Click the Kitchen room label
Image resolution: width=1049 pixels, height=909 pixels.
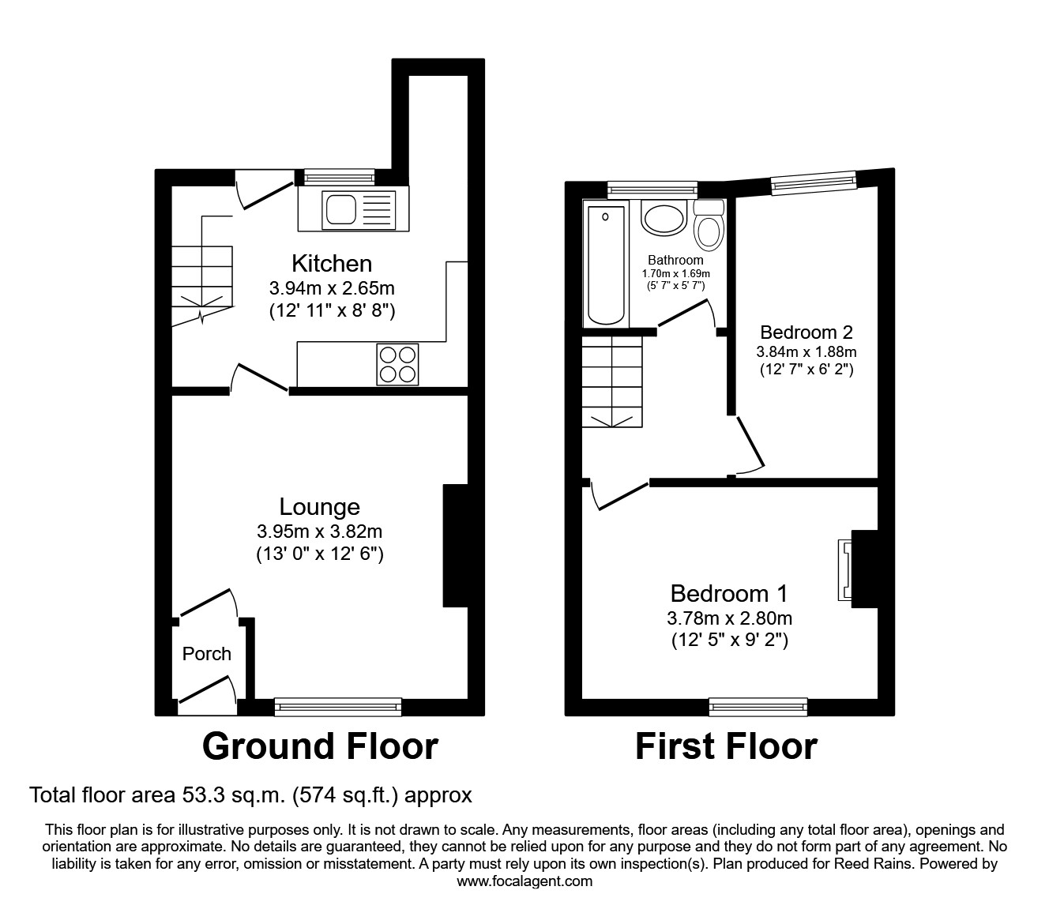[332, 263]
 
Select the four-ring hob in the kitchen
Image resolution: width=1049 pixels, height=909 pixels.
[397, 364]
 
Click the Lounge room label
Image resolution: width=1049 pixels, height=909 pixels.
[319, 507]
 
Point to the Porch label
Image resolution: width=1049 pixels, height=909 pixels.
[207, 654]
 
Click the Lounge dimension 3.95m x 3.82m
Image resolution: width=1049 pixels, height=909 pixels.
[319, 532]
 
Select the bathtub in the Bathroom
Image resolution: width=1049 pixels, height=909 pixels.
[606, 263]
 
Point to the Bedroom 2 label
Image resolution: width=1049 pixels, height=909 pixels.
[806, 332]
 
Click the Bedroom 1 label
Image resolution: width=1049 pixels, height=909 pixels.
[729, 593]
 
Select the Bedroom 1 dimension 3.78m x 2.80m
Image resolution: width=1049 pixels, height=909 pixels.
[729, 618]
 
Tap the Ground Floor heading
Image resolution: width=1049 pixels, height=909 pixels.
[320, 746]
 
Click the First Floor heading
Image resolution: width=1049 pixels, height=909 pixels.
[726, 746]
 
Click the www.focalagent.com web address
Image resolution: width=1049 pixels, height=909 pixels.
[524, 881]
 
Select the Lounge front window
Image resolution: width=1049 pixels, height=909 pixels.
[338, 707]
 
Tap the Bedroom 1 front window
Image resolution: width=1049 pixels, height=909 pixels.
[758, 707]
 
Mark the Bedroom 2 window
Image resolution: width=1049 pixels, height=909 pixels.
[813, 182]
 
